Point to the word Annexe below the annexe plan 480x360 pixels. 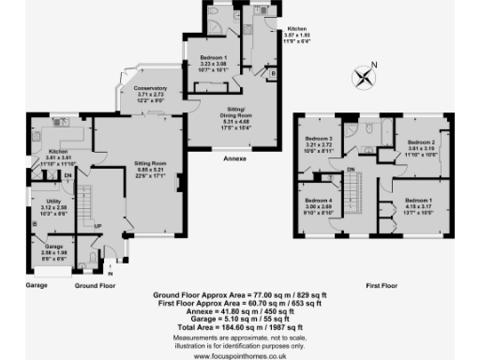pos(235,159)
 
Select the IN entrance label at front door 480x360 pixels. pos(111,274)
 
